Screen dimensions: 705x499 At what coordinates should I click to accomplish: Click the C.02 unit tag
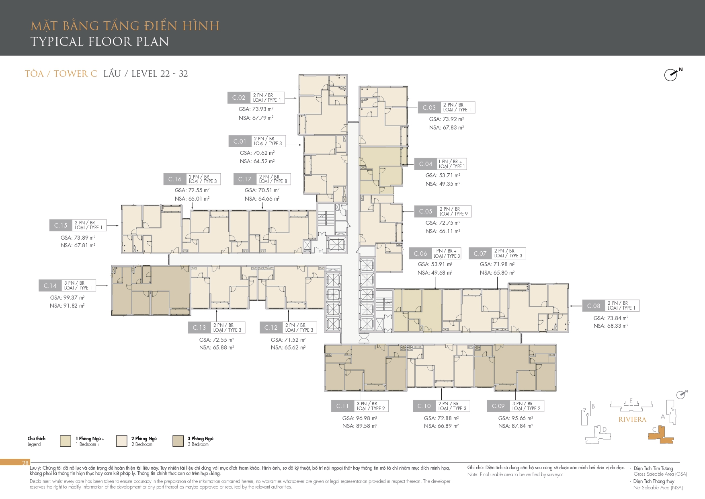(239, 98)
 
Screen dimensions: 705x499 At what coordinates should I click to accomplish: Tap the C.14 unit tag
(50, 285)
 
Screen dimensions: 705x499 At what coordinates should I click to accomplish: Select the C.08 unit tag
(594, 306)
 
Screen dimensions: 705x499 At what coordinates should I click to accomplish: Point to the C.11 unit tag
(343, 406)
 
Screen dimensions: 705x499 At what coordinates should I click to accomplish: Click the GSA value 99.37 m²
(67, 298)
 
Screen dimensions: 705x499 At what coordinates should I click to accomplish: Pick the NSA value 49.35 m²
(443, 184)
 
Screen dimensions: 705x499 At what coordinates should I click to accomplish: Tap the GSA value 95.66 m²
(516, 418)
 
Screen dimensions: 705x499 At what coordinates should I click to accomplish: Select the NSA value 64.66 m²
(262, 199)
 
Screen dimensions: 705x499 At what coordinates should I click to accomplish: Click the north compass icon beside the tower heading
(672, 74)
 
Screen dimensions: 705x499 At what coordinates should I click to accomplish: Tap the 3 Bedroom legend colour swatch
(178, 441)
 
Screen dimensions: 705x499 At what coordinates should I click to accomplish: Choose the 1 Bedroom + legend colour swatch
(66, 441)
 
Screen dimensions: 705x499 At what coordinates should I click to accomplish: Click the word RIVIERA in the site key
(632, 419)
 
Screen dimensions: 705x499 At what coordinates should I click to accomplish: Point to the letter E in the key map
(631, 401)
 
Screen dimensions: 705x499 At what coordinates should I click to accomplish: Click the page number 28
(25, 463)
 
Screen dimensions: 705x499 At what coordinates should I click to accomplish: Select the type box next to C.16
(203, 179)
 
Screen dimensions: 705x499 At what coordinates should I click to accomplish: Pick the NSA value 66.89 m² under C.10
(441, 426)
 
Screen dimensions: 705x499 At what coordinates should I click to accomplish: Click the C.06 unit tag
(420, 254)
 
